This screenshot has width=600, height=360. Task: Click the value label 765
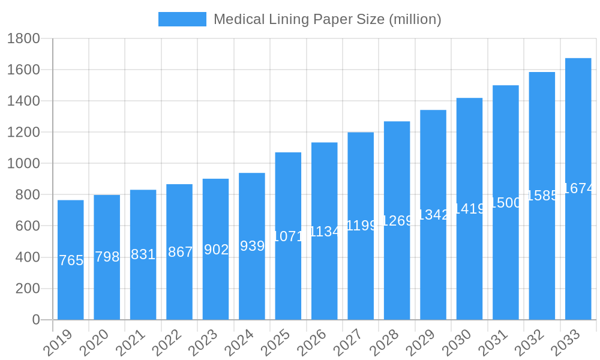click(71, 260)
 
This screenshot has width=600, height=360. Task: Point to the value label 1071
click(288, 236)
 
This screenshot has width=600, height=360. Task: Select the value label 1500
click(506, 203)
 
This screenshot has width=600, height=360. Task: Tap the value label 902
click(216, 250)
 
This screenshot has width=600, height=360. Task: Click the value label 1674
click(579, 188)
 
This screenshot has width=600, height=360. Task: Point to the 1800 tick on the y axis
click(23, 38)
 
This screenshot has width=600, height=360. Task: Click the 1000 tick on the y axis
click(23, 163)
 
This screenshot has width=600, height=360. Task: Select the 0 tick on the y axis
click(36, 320)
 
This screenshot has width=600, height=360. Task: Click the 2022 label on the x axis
click(166, 342)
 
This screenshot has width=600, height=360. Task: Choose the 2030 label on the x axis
click(456, 342)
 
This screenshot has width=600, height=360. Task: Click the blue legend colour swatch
click(182, 19)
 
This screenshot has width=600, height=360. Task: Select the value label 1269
click(397, 220)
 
